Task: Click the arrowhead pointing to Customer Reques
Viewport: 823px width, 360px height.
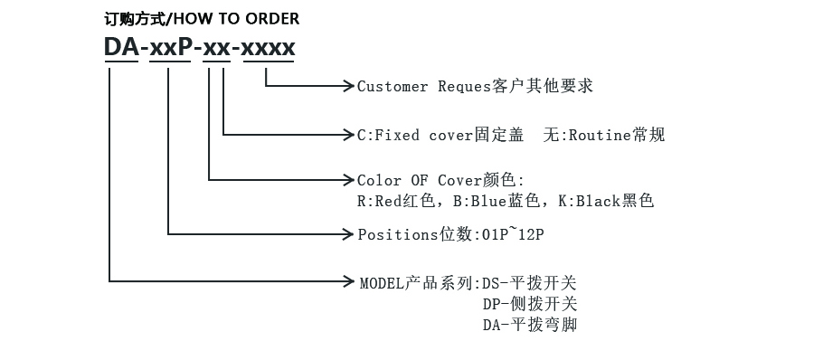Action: [x=346, y=86]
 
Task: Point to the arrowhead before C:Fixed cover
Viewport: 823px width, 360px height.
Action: [x=346, y=135]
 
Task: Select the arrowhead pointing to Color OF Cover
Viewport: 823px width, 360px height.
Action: [x=346, y=180]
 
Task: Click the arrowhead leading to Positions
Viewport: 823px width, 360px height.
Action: [x=346, y=234]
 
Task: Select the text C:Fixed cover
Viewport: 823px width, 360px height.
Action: [x=415, y=135]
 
